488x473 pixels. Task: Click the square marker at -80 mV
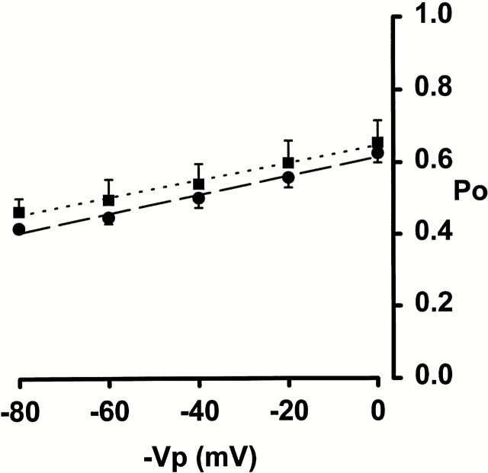[x=19, y=212]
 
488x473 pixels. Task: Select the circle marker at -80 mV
[x=19, y=229]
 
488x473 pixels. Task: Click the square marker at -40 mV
[x=198, y=184]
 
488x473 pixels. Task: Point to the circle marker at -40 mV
[x=198, y=199]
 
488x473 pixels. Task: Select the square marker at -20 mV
[x=288, y=162]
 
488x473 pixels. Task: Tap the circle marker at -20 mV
[x=288, y=177]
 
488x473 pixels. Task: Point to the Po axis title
[x=466, y=193]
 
